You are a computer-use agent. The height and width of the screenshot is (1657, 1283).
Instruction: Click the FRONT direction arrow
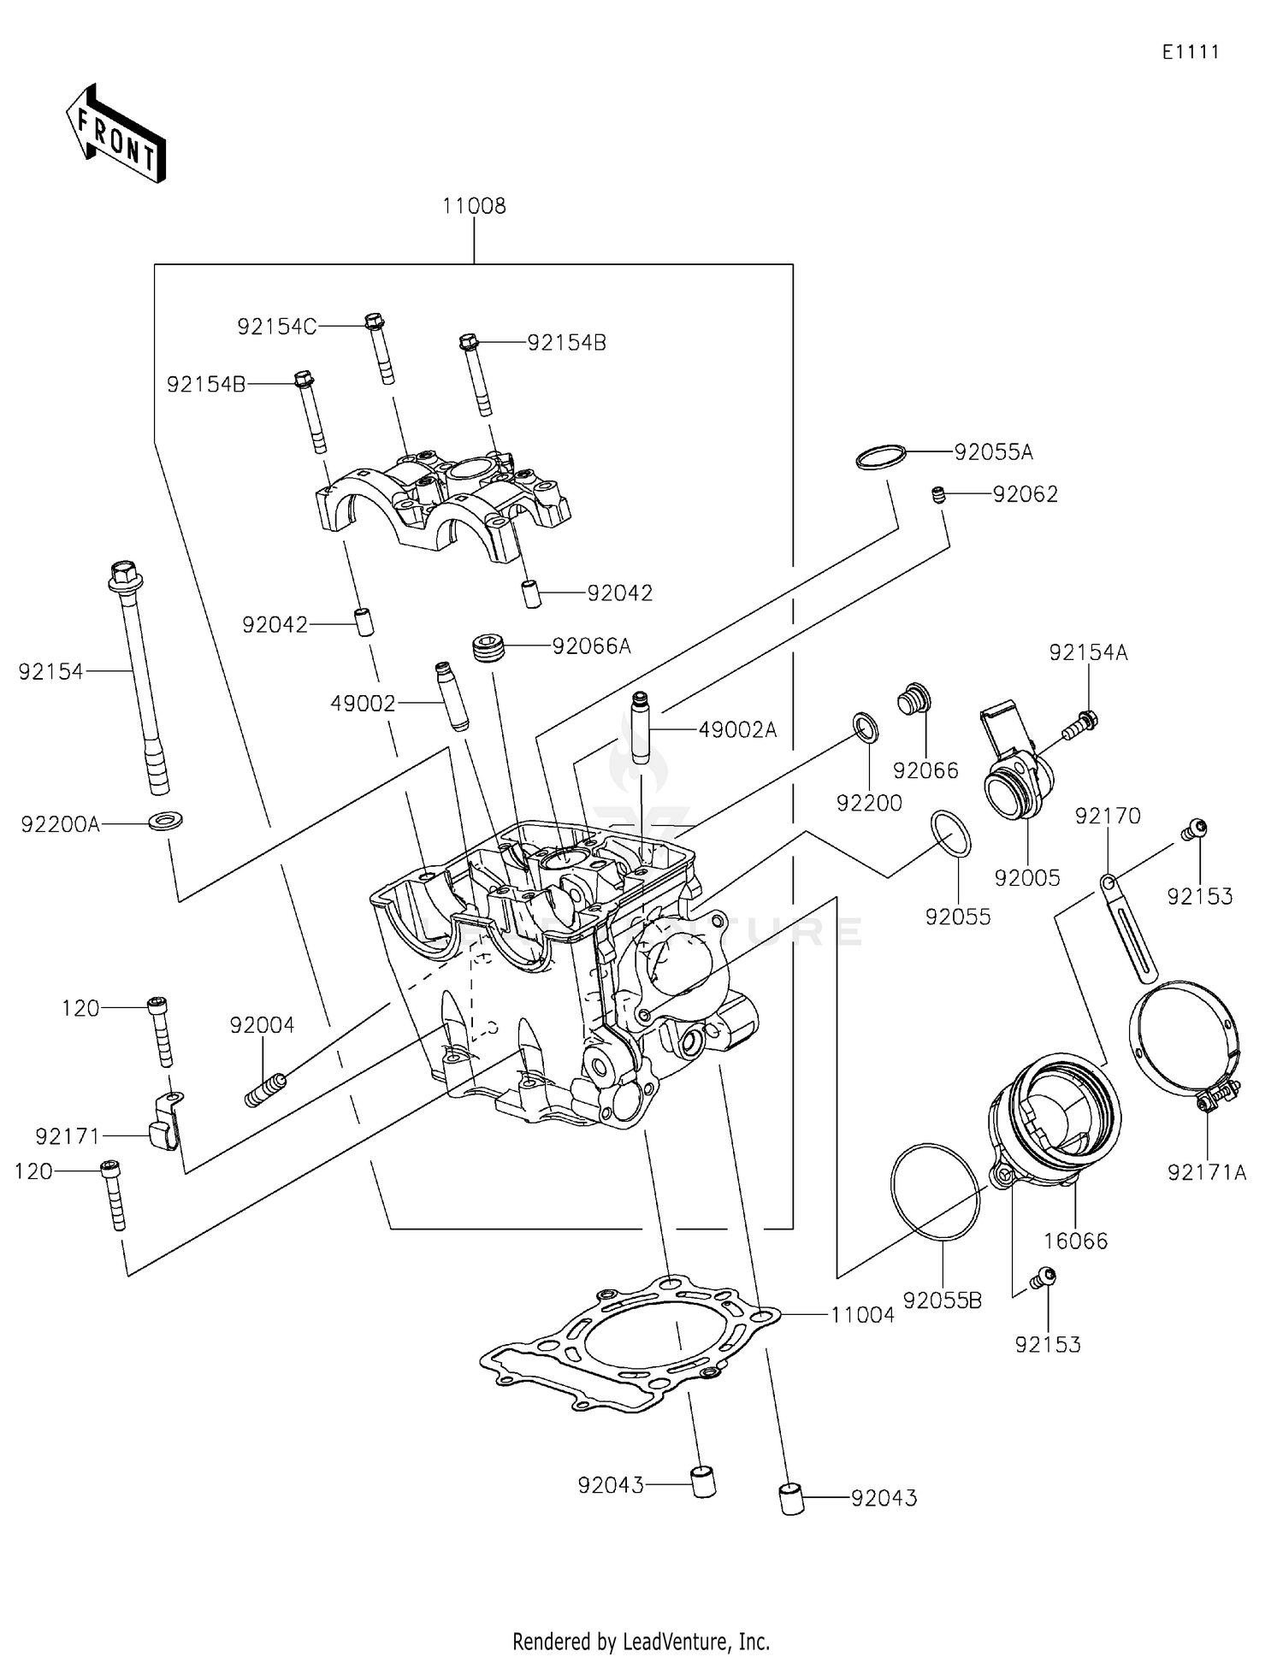115,135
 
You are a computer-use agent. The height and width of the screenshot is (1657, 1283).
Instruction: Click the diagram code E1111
1190,52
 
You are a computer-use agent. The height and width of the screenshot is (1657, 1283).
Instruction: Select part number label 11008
474,206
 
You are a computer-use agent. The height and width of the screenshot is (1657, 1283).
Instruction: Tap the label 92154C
276,327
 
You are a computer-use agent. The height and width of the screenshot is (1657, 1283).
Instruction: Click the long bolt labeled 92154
139,675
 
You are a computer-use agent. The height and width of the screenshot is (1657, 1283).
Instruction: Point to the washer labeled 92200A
166,821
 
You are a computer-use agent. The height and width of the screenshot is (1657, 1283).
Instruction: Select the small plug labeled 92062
938,495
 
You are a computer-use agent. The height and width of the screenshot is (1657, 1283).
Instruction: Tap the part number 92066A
591,646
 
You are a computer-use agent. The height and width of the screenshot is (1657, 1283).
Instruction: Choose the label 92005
1027,878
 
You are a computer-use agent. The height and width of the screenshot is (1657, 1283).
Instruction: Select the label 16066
1076,1241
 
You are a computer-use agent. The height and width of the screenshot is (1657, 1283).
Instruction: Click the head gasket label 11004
862,1315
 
